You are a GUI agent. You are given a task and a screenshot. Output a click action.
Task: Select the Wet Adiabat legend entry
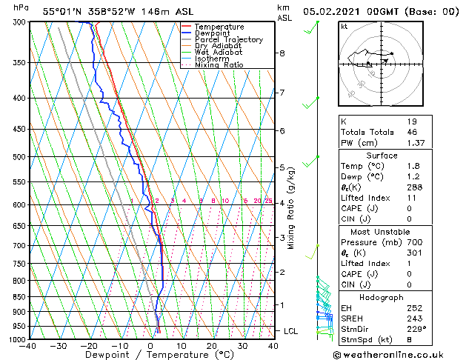tap(218, 53)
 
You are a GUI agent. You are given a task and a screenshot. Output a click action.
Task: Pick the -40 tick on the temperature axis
tap(29, 346)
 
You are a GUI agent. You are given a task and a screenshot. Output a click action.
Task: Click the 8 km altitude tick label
tap(282, 53)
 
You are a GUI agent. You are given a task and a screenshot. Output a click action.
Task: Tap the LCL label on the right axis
tap(290, 331)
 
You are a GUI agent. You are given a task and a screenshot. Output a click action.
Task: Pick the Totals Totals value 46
tap(412, 131)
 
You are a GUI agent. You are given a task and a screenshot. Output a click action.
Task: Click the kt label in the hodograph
tap(344, 26)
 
